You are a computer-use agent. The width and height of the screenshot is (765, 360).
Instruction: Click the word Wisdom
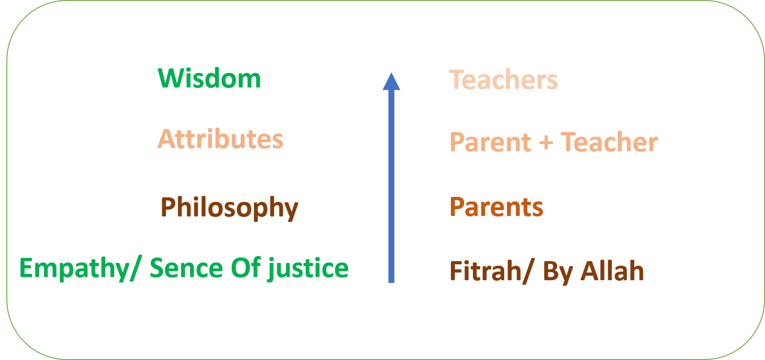tap(209, 78)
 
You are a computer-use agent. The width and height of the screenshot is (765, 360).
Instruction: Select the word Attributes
tap(220, 139)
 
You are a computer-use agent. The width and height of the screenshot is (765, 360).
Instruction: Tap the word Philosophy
tap(229, 208)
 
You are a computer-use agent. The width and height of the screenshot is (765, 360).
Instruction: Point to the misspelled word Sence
tap(186, 268)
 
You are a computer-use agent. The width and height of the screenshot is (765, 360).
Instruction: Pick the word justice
tap(308, 268)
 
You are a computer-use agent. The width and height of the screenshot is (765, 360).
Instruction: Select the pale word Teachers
tap(503, 79)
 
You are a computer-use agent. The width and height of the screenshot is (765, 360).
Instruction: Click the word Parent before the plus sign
tap(491, 142)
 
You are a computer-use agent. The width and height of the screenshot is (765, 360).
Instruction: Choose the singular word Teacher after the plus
tap(609, 142)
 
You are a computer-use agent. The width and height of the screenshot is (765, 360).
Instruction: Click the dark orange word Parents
tap(496, 207)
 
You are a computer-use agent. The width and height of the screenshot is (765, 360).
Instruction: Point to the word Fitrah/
tap(492, 271)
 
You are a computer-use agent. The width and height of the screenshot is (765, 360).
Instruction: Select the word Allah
tap(612, 271)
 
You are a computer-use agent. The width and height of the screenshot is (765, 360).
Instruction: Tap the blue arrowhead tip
tap(391, 72)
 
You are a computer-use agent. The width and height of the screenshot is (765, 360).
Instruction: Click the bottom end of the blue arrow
tap(391, 283)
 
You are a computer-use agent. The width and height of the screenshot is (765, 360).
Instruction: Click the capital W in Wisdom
tap(172, 78)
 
